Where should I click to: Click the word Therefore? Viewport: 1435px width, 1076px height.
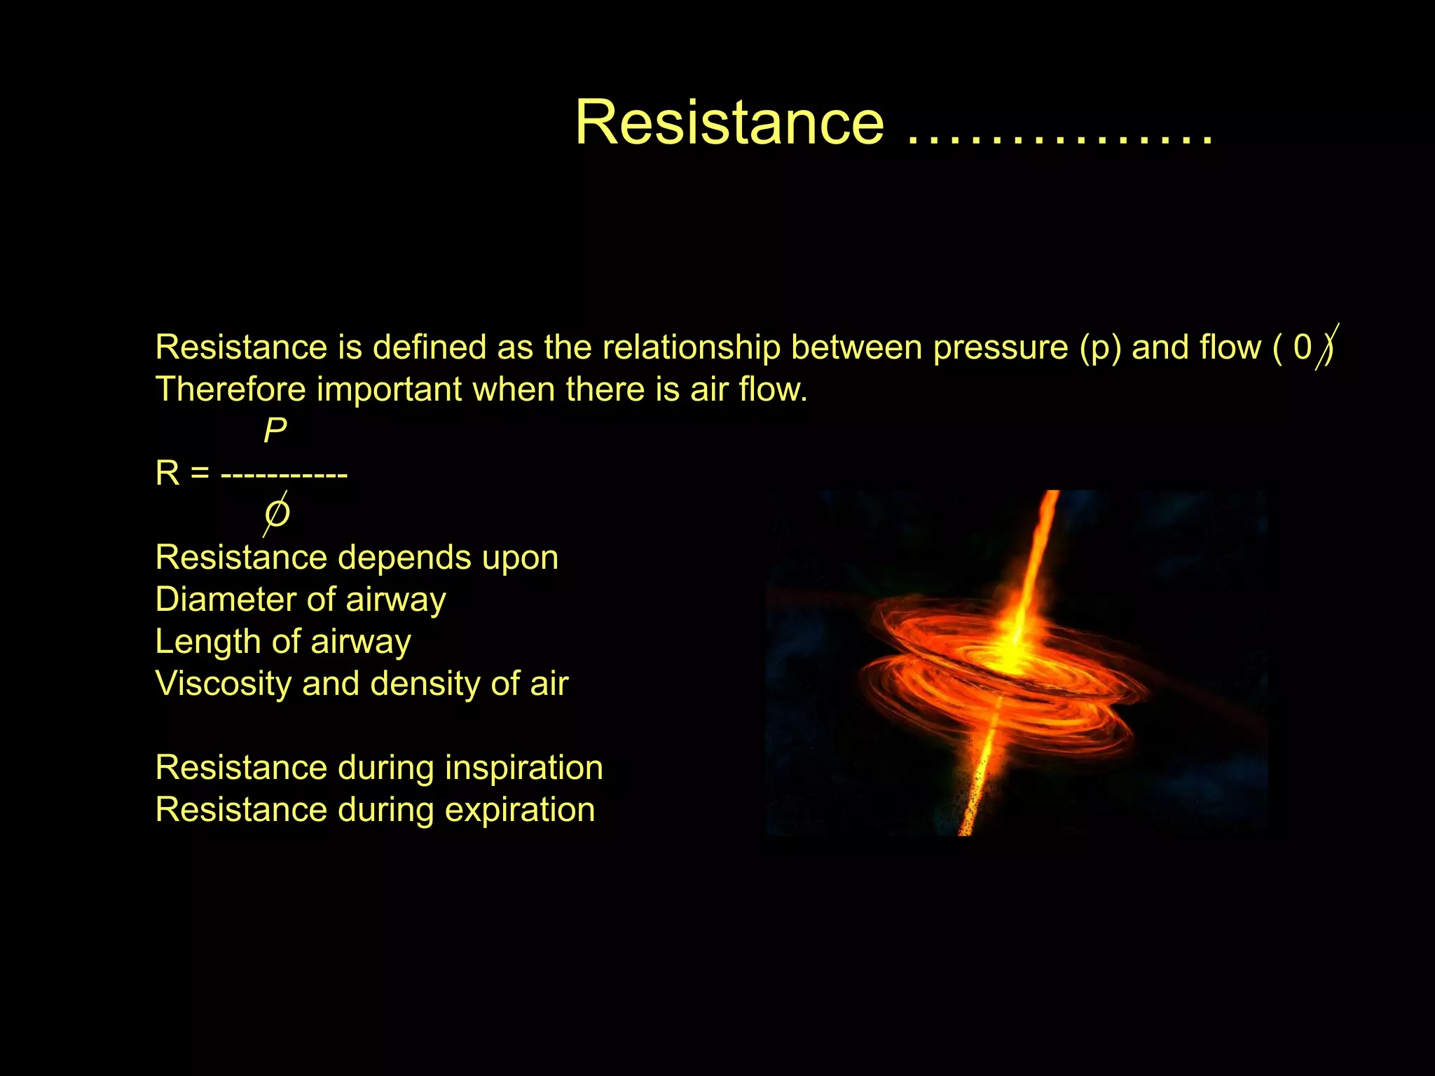[x=230, y=389]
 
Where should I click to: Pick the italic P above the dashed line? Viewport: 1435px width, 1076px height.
[x=275, y=430]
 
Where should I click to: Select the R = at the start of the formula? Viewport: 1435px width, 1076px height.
[x=181, y=474]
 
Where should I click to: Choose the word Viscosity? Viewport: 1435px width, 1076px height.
[x=223, y=684]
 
